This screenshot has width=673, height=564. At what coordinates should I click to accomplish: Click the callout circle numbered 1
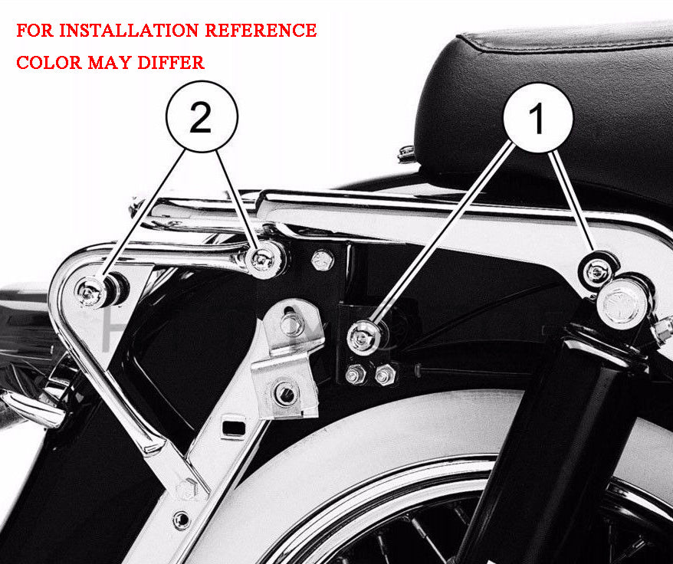538,117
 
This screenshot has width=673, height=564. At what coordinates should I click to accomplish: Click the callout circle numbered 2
202,116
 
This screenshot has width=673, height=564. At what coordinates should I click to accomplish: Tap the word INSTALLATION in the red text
129,31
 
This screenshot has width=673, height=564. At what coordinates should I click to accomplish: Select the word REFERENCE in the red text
261,31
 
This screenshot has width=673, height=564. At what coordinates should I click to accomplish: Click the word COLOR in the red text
49,63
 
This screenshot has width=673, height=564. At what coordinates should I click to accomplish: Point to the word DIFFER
171,63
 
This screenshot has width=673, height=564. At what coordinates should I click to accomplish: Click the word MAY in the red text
110,63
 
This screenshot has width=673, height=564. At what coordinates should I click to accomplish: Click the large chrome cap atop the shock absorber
622,303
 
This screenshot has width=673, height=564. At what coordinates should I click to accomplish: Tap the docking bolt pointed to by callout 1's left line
364,337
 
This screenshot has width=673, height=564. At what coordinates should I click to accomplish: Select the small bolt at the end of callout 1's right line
598,271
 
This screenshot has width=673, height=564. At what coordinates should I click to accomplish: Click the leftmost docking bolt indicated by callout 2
91,293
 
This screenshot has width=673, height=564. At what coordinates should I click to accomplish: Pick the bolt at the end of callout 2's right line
263,259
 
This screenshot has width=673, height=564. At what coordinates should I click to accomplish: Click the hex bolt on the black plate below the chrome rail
322,261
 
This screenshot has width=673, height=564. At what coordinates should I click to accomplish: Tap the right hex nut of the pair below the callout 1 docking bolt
385,375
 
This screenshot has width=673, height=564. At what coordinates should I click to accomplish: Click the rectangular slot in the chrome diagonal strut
234,428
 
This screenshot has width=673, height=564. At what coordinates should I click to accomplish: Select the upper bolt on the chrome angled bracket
291,323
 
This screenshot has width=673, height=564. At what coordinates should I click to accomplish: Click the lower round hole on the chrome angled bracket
285,394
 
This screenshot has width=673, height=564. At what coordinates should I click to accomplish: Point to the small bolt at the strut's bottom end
181,520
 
